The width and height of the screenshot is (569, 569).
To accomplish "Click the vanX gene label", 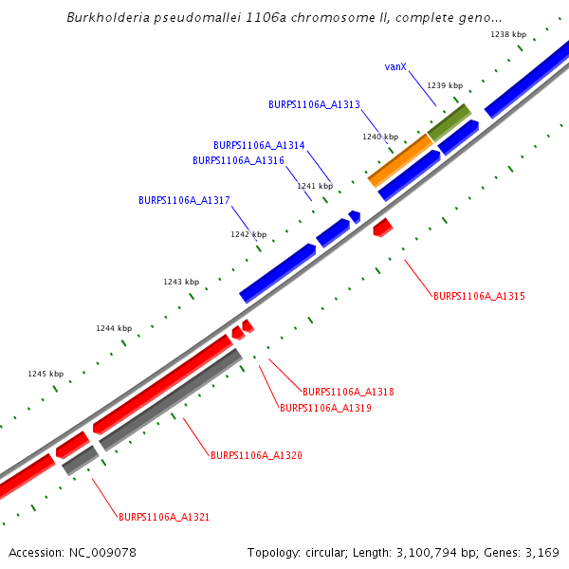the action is tap(395, 66).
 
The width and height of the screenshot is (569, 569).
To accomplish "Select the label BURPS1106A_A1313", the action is tap(314, 104).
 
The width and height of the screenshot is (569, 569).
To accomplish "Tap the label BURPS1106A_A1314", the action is tap(259, 145).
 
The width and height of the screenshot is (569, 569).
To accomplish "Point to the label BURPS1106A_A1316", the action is tap(238, 160).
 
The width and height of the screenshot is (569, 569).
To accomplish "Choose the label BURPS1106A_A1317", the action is tap(184, 200).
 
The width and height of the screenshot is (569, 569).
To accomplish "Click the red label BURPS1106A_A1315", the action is tap(479, 296).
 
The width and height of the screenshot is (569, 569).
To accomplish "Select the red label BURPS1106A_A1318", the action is tap(348, 392).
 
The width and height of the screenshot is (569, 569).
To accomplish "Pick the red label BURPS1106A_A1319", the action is tap(325, 408).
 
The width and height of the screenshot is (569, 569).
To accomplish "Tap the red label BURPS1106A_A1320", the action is tap(256, 455).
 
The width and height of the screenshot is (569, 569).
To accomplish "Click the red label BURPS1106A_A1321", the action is tap(164, 517).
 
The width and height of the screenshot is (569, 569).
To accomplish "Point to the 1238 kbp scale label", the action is tap(507, 34).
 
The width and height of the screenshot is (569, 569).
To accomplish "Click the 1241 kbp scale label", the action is tap(315, 186).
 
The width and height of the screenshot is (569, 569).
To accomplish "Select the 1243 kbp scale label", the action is tap(181, 282).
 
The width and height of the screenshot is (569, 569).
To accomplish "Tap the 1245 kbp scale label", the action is tap(46, 374).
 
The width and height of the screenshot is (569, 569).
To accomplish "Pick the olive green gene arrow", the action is tap(449, 122).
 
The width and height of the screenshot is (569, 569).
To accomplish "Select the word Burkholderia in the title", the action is tap(106, 18).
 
